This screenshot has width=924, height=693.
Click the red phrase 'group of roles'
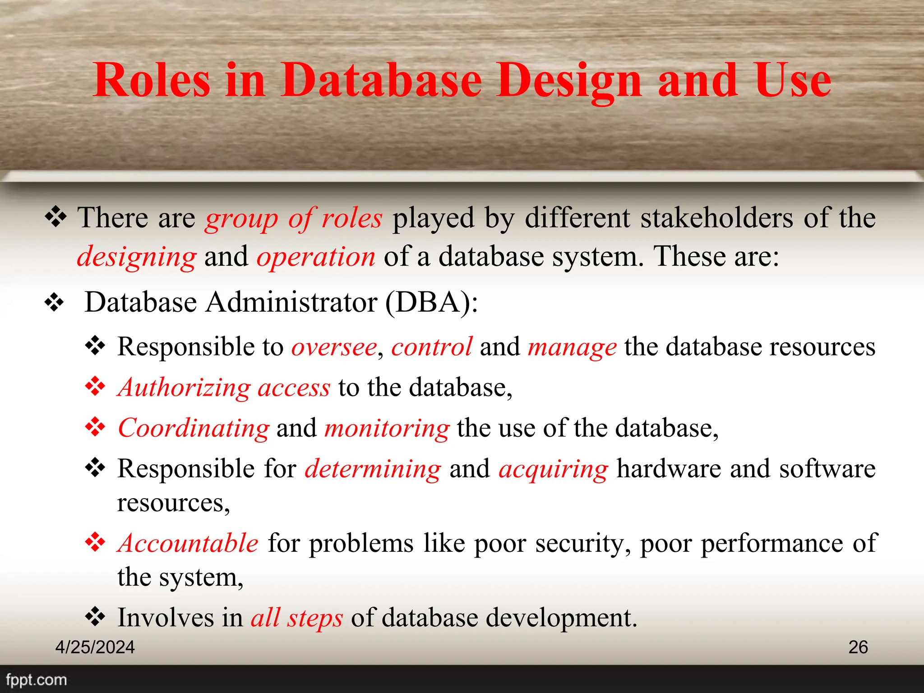294,218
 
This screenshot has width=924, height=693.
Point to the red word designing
137,257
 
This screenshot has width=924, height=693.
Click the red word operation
316,257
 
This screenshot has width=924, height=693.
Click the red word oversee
334,347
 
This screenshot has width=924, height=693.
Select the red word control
431,347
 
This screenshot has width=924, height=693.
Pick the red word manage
572,348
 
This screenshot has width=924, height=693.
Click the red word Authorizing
184,388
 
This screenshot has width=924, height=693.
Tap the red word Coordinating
194,428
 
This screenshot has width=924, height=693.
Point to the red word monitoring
387,429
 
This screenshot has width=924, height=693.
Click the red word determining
373,469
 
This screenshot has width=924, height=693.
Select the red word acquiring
553,469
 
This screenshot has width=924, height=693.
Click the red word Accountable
188,543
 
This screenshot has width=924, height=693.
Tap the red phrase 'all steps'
297,618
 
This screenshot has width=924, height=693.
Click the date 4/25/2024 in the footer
95,647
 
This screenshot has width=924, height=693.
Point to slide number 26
858,647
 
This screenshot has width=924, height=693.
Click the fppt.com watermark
36,679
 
